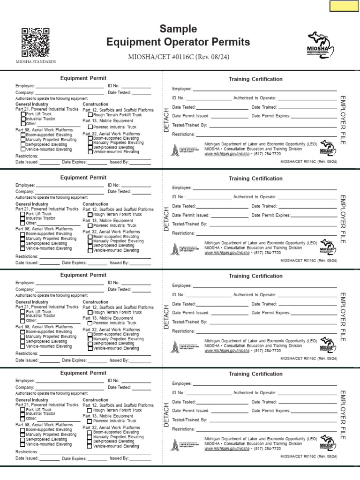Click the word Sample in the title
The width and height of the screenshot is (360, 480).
click(178, 29)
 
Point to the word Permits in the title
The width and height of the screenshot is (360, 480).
click(228, 43)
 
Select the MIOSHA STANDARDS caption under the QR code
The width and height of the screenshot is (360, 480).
click(36, 61)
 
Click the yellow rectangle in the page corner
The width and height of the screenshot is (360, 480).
click(344, 6)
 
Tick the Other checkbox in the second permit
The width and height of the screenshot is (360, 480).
click(23, 223)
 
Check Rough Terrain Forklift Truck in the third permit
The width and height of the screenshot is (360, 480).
click(90, 312)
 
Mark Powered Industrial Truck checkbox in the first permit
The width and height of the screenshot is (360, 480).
click(90, 127)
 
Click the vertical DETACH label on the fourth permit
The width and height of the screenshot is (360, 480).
click(166, 414)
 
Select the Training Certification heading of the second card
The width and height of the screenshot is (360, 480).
click(255, 179)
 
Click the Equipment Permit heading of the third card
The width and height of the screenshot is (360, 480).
click(83, 275)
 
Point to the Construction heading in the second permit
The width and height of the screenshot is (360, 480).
click(95, 204)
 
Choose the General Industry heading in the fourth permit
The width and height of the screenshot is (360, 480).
click(32, 400)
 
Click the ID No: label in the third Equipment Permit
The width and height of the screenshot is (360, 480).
click(114, 283)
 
